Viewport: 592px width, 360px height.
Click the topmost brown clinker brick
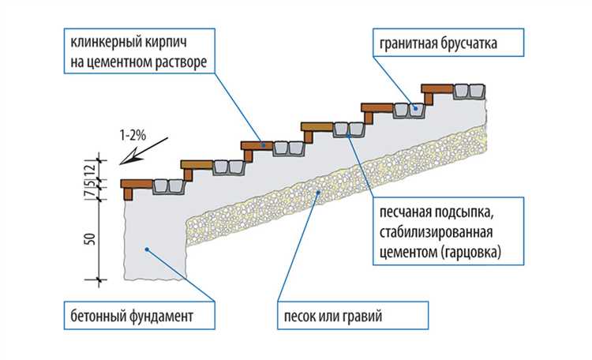[x=436, y=87]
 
